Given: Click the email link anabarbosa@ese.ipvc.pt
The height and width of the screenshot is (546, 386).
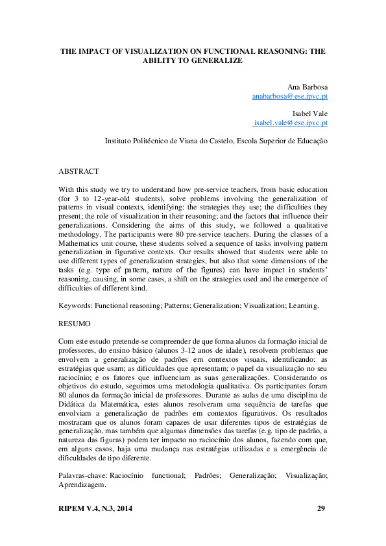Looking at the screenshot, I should click(x=290, y=96).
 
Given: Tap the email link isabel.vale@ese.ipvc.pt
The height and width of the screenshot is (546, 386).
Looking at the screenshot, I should click(x=291, y=122).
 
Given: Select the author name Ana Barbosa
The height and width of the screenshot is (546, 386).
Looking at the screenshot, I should click(x=308, y=86).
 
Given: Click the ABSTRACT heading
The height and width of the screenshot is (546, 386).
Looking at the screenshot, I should click(x=78, y=172).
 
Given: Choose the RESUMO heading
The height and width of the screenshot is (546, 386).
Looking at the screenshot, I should click(x=75, y=322).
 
